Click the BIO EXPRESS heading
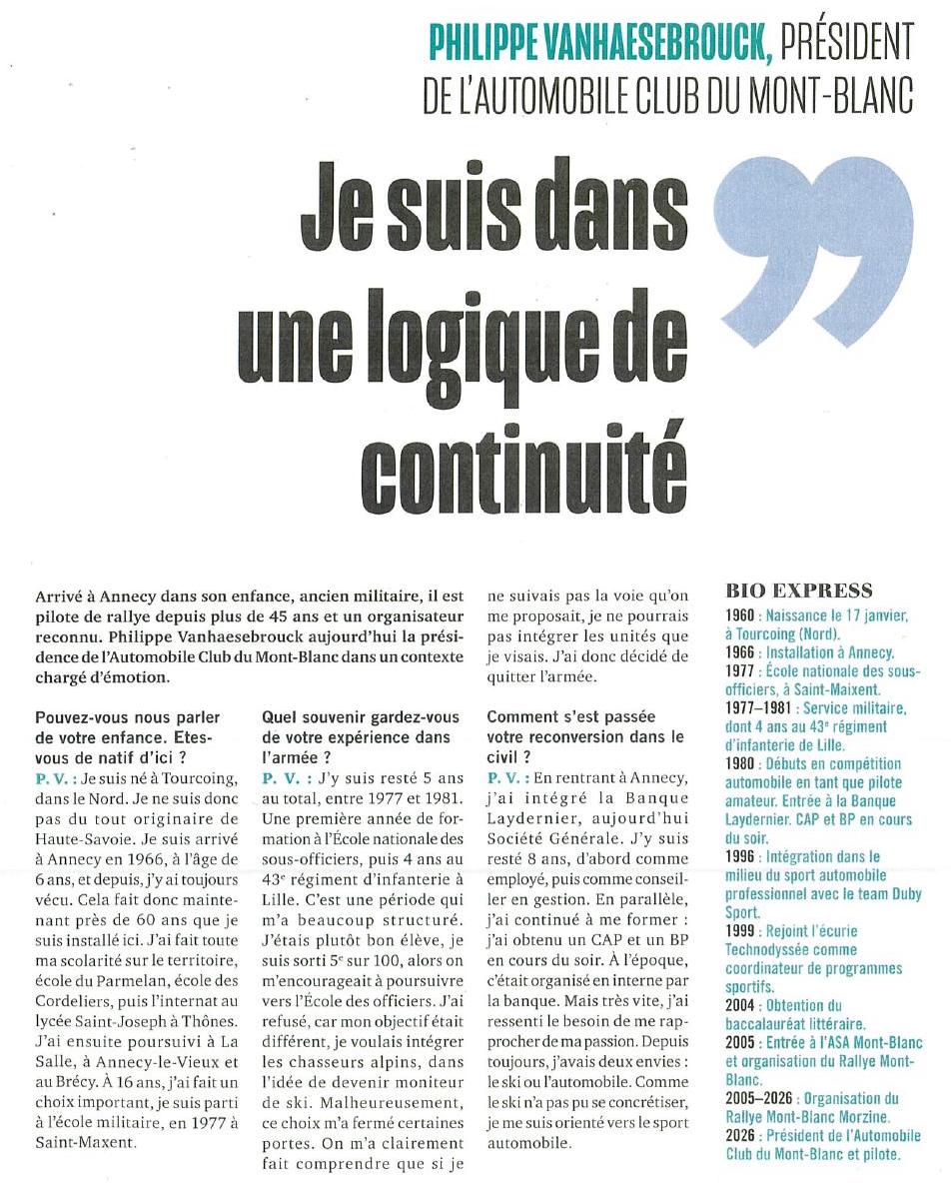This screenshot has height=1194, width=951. coord(799,591)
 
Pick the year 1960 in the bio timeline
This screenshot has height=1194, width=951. coord(743,617)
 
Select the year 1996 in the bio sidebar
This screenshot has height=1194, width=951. coord(743,856)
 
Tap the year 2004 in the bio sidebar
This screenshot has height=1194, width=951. coord(743,1004)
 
